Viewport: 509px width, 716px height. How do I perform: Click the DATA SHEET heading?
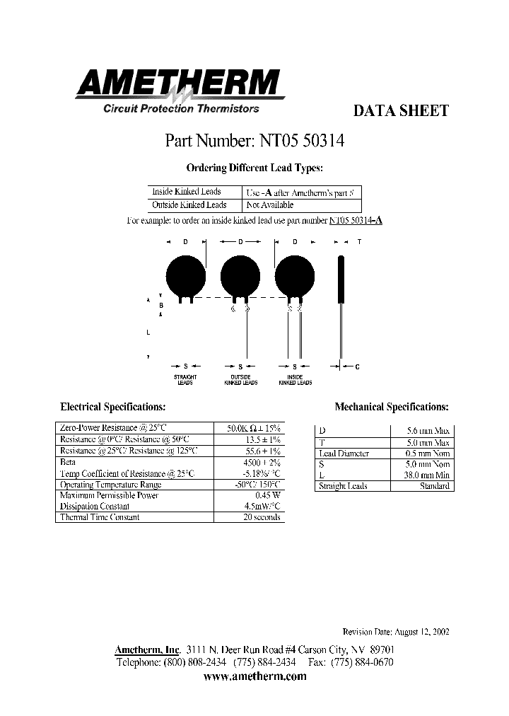(x=400, y=111)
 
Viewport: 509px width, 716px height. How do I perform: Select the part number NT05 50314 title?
(x=255, y=140)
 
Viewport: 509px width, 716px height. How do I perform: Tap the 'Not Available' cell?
(x=269, y=205)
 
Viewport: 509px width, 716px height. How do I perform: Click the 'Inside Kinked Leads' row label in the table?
(x=187, y=192)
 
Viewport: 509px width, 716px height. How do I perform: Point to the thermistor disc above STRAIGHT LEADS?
(x=185, y=272)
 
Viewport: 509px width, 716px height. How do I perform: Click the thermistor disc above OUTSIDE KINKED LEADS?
(x=241, y=272)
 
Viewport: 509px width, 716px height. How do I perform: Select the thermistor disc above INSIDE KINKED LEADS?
(x=294, y=272)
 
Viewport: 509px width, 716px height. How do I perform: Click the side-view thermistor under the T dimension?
(x=341, y=279)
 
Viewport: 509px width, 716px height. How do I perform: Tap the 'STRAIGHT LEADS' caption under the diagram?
(x=185, y=380)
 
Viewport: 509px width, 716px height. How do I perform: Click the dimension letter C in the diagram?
(x=358, y=366)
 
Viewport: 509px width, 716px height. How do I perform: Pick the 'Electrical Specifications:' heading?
(x=113, y=408)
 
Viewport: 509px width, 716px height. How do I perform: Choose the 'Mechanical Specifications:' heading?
(x=391, y=408)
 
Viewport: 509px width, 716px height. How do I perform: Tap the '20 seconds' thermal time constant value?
(x=262, y=517)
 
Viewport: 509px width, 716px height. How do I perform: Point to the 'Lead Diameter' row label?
(x=344, y=454)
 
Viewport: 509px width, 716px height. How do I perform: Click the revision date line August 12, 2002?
(x=395, y=632)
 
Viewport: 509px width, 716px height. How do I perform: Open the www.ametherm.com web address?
(x=255, y=676)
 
